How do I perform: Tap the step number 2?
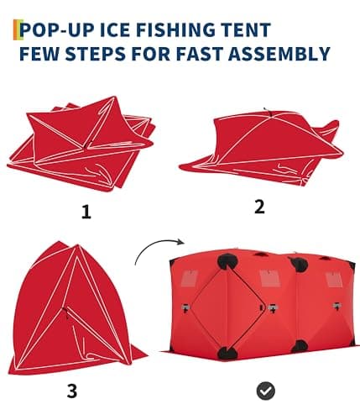(x=259, y=207)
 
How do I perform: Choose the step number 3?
(x=71, y=390)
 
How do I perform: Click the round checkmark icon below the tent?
(x=266, y=390)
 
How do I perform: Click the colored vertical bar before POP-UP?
(x=16, y=31)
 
